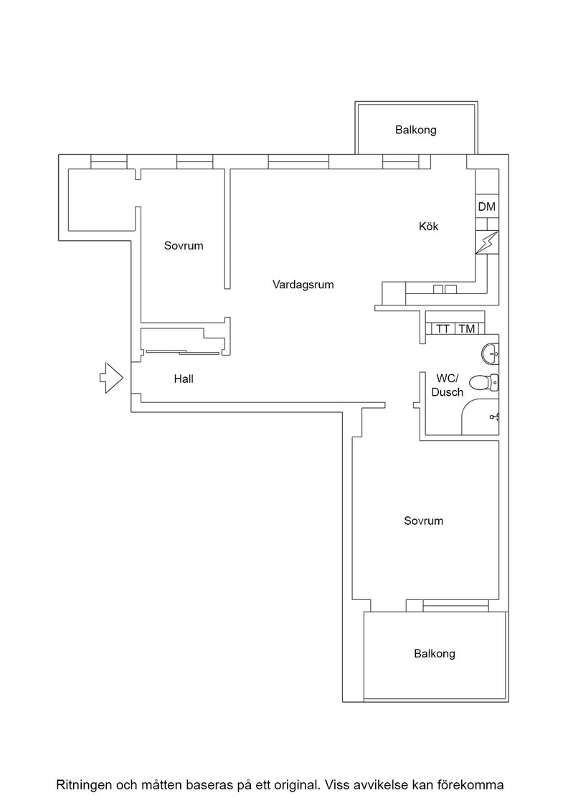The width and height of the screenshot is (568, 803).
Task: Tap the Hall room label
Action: click(x=184, y=379)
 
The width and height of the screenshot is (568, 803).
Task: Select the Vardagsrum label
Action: click(x=303, y=285)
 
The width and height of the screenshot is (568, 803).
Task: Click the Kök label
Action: click(x=429, y=226)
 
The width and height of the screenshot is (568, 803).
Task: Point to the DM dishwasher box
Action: click(x=486, y=207)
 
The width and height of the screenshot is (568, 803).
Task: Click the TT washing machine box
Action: click(x=443, y=329)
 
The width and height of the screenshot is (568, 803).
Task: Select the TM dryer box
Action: click(x=467, y=329)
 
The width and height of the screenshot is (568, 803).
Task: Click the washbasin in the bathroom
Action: click(x=490, y=353)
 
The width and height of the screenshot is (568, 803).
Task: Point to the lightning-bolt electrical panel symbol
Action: click(x=486, y=243)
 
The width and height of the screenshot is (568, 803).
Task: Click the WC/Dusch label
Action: click(x=448, y=385)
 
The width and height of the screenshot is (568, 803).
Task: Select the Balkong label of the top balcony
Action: click(x=416, y=130)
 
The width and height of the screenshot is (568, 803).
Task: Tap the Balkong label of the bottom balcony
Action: click(x=435, y=653)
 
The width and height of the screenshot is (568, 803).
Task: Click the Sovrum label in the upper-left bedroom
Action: click(x=184, y=246)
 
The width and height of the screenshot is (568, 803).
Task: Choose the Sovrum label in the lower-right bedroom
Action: click(x=424, y=521)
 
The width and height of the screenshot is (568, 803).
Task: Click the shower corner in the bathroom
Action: click(x=480, y=417)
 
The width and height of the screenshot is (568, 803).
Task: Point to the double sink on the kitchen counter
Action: click(x=445, y=290)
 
